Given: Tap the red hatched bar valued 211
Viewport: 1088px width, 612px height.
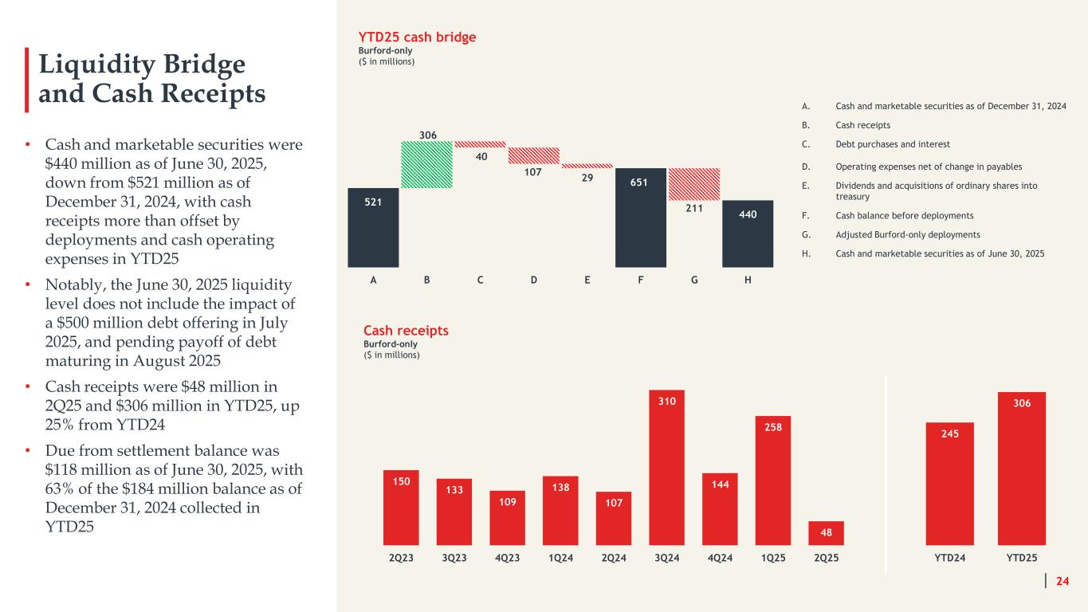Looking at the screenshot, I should point(693,182).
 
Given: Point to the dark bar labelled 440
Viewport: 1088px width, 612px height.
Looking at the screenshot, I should point(748,233).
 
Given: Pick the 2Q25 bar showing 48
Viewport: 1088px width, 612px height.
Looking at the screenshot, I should point(827,532).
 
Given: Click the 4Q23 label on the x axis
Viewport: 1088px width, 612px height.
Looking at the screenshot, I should point(508,558).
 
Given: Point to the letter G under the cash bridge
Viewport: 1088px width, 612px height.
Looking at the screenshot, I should point(694,280).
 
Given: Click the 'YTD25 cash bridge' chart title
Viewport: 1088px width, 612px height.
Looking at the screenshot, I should point(419,37).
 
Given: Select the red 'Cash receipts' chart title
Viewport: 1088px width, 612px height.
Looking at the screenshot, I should point(406,331).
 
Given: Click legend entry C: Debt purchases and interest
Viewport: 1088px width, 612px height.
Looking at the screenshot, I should point(892,144).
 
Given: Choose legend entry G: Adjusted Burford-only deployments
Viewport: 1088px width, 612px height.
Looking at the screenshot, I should point(907,234).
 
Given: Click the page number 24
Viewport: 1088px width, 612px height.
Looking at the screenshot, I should point(1062,581).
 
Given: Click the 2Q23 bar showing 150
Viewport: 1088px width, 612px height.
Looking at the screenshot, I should point(401,507).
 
